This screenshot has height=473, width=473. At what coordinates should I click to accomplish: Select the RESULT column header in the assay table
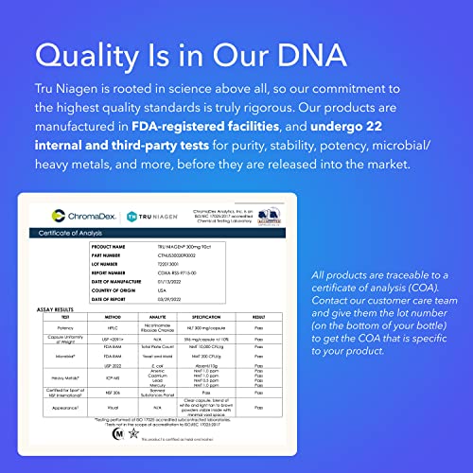pos(272,316)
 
